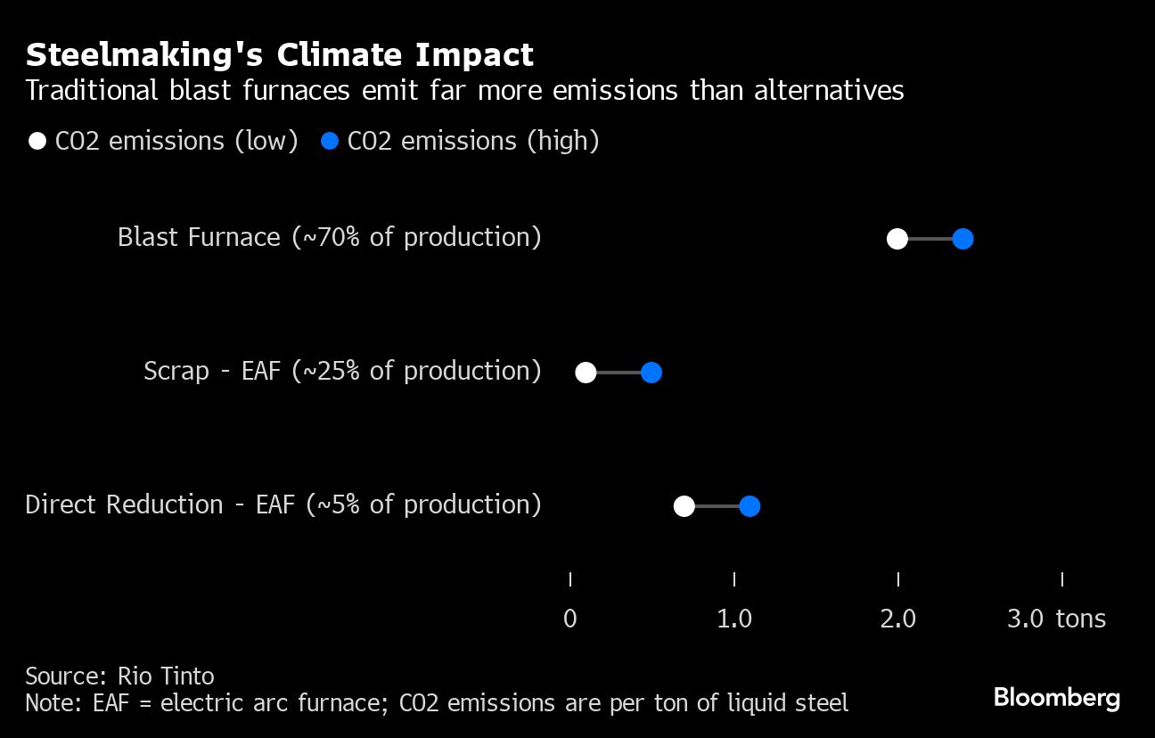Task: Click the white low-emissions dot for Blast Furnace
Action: (x=897, y=239)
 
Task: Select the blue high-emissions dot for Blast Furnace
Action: (x=962, y=239)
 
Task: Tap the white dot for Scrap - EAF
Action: (x=586, y=373)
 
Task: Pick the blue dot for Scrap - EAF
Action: (x=651, y=373)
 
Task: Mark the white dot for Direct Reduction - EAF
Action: (x=684, y=506)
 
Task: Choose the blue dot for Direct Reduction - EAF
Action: (x=750, y=506)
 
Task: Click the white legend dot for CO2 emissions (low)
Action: (x=37, y=141)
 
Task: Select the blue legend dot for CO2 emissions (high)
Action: (x=330, y=141)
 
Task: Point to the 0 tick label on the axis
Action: (x=570, y=619)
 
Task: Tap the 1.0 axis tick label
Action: (x=734, y=619)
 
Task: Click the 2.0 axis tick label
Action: (x=898, y=619)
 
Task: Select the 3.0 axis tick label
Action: (x=1026, y=619)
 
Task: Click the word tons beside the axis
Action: (x=1081, y=619)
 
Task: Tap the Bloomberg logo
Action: (x=1056, y=697)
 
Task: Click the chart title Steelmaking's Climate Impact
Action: (x=279, y=55)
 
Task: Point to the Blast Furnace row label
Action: (x=329, y=237)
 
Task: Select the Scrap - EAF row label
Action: (x=342, y=371)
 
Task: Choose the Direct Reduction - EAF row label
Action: (x=283, y=504)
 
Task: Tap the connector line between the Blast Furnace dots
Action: (x=930, y=239)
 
